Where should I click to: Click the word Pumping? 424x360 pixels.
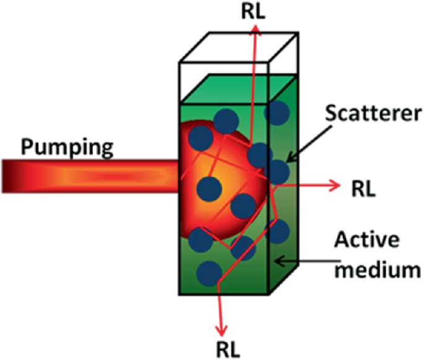(67, 147)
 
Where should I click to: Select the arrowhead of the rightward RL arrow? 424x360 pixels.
(334, 184)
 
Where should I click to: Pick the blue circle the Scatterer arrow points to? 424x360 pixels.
(278, 170)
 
